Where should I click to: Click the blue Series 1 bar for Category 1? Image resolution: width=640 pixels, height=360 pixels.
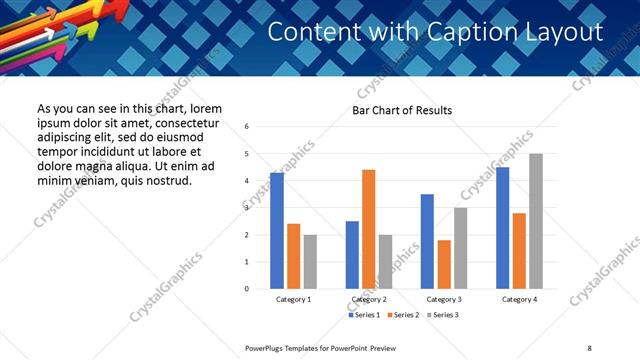[277, 231]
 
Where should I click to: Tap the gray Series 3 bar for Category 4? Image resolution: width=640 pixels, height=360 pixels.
[536, 221]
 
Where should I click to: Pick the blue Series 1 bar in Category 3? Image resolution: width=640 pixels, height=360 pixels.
[427, 241]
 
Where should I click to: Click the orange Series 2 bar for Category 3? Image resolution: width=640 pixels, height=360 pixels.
[444, 264]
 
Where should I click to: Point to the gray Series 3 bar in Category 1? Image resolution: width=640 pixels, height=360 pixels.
[310, 262]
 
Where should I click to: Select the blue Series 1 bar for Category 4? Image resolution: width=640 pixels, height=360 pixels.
[502, 228]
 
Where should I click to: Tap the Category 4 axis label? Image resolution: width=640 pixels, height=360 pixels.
[519, 299]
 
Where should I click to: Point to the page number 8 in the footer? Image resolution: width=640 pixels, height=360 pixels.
[589, 347]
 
